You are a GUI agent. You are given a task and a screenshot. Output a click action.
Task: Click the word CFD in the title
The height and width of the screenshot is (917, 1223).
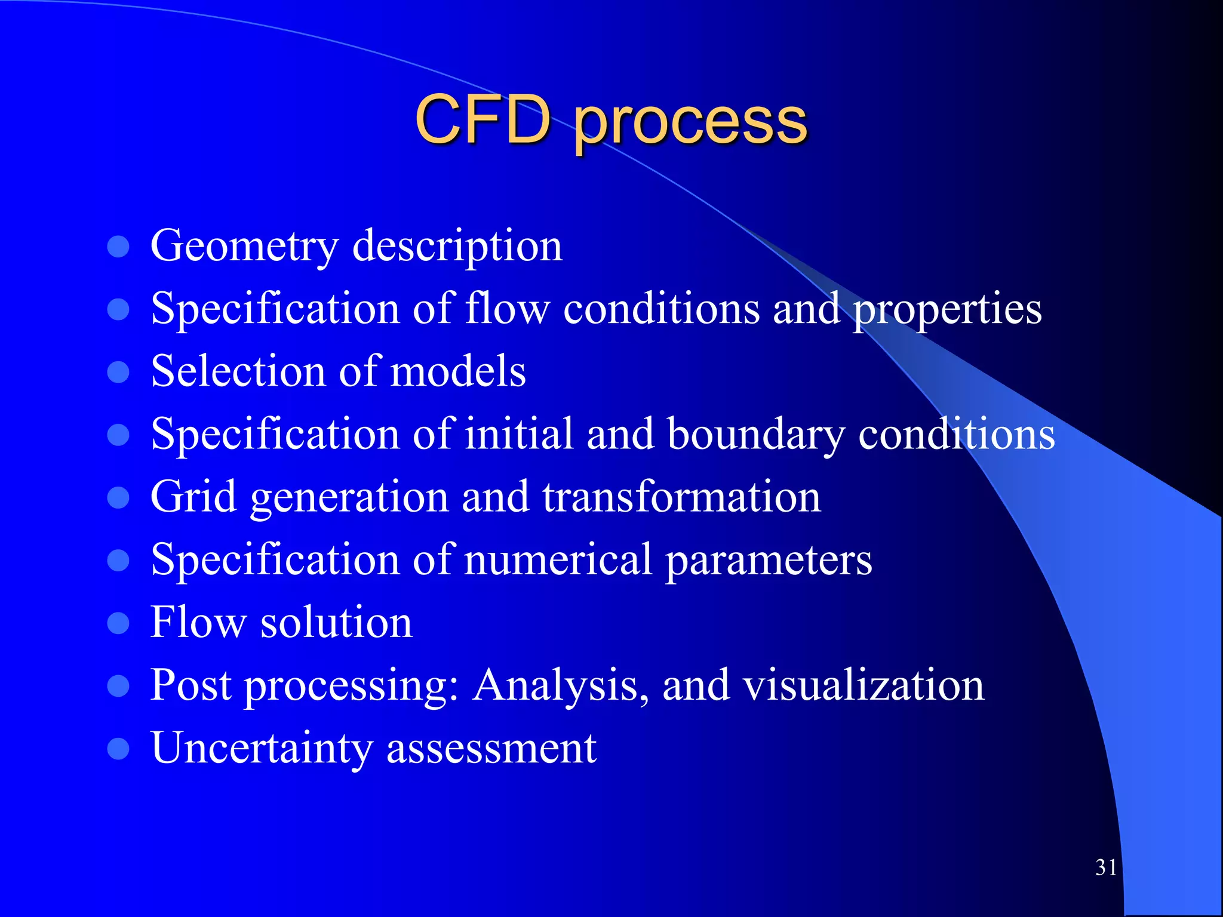(483, 121)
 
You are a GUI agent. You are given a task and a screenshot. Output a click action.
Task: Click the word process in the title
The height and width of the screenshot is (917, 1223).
(690, 124)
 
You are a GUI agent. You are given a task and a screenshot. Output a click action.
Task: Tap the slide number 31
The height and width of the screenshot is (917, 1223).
(1106, 867)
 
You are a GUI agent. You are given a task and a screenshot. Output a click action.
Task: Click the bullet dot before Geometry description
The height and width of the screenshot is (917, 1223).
(118, 247)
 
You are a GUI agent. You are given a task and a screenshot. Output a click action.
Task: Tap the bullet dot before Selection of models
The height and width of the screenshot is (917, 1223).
(118, 372)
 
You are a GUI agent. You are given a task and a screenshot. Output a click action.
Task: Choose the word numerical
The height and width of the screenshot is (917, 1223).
(558, 560)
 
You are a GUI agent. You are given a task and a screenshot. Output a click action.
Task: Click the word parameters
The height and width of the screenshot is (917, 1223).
(769, 561)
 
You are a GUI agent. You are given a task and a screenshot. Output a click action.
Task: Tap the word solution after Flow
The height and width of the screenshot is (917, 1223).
(336, 623)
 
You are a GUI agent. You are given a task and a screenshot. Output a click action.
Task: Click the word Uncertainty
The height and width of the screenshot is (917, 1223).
(262, 749)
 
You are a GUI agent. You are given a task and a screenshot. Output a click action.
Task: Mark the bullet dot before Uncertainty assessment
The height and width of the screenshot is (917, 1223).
(118, 749)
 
